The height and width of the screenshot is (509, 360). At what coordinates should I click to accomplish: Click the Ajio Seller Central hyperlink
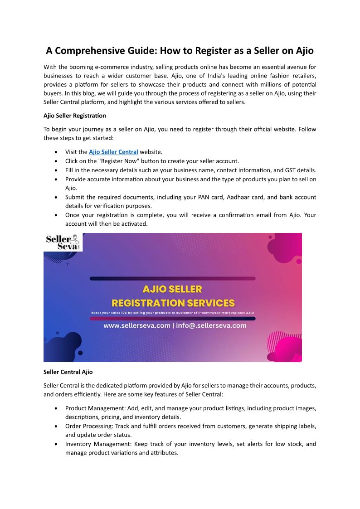[113, 152]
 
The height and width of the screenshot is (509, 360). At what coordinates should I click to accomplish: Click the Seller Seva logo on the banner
[63, 242]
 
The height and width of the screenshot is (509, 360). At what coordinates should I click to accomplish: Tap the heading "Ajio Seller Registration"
[75, 116]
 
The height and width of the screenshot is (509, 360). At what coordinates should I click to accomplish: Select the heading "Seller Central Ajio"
[68, 372]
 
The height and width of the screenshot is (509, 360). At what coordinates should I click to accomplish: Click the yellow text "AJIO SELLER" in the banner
[172, 289]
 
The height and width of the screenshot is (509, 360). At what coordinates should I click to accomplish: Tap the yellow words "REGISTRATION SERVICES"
[173, 302]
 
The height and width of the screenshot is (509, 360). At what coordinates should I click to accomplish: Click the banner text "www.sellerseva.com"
[137, 325]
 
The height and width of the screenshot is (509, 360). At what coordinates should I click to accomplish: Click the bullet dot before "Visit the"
[55, 152]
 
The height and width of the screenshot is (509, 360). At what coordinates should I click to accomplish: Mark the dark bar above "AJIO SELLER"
[172, 278]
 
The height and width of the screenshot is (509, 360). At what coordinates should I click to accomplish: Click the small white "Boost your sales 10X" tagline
[172, 313]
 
